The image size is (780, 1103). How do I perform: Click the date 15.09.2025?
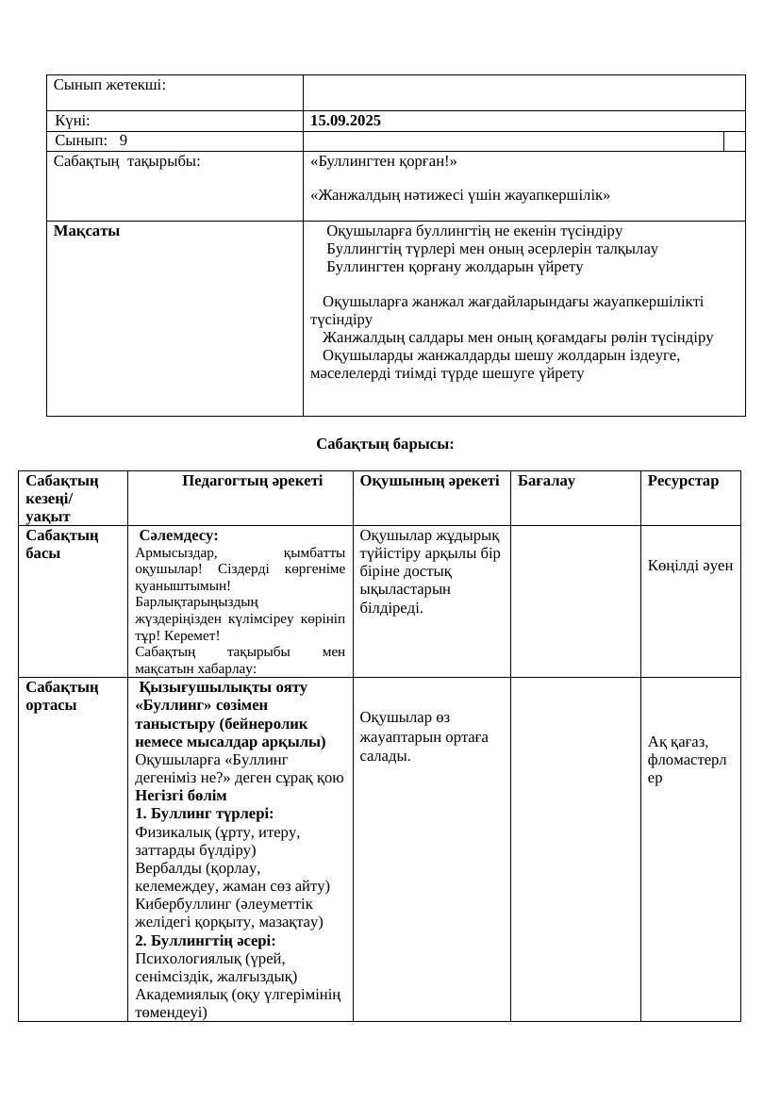345,121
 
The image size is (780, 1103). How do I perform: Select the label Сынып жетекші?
109,85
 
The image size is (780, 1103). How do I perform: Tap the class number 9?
124,140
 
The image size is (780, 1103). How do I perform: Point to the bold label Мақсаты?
87,231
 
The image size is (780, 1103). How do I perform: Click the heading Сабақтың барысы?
385,443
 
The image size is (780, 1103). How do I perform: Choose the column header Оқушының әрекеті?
429,481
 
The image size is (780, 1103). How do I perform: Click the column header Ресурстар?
683,481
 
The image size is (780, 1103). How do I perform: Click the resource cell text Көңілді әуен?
689,566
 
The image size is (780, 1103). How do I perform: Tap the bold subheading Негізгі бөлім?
180,795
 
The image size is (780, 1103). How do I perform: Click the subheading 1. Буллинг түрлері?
204,813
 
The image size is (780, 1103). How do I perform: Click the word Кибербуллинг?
180,904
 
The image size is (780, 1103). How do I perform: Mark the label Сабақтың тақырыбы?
126,161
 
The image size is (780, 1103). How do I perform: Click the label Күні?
73,121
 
